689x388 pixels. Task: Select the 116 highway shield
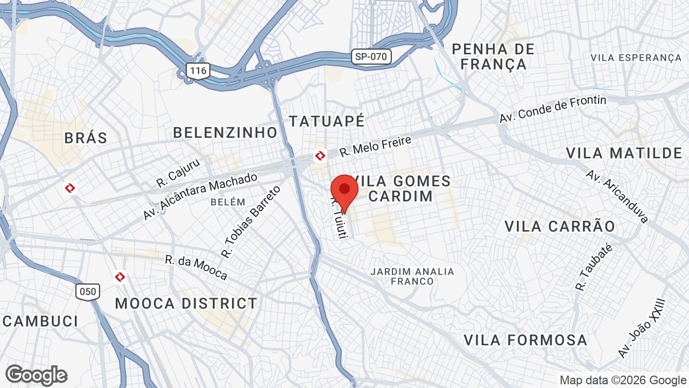(198, 71)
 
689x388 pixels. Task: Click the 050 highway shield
(87, 292)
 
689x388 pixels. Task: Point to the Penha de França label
(494, 57)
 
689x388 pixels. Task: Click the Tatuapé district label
(327, 121)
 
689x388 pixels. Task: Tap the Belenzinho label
(225, 132)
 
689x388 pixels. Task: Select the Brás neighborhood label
(86, 138)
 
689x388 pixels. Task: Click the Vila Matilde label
(624, 153)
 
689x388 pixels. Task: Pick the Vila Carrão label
(559, 226)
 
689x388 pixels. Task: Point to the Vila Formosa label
(525, 340)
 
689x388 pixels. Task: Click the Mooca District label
(186, 303)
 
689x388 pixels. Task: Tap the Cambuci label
(41, 321)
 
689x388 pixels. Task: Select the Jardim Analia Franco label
(412, 276)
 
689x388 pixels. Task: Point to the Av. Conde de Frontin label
(552, 109)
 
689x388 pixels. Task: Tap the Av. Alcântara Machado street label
(200, 196)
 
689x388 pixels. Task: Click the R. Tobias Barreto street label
(251, 221)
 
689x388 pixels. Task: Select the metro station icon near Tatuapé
(320, 156)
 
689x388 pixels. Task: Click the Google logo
(36, 375)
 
